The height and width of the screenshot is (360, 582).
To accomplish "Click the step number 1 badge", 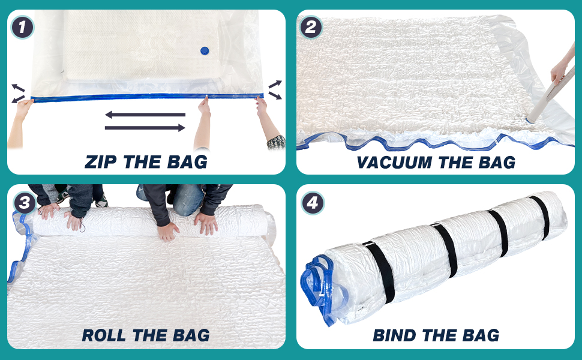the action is [x=22, y=27].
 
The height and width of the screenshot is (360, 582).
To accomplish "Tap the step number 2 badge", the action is [x=311, y=27].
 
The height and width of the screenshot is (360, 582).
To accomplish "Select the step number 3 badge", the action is [x=25, y=203].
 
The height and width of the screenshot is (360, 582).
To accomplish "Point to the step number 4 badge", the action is [x=313, y=203].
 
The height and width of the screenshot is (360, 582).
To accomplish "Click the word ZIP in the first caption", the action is [x=101, y=162].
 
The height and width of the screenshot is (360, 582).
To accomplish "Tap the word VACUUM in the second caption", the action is [x=395, y=162].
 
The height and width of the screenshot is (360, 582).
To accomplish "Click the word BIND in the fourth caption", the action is [x=395, y=335].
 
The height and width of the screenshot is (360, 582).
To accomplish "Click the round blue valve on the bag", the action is [x=205, y=50].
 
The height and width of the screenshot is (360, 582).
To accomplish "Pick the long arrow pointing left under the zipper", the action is [x=145, y=115].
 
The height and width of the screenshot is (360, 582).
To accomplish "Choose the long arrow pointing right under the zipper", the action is [x=145, y=128].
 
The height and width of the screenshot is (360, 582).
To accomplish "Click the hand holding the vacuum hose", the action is [x=559, y=71].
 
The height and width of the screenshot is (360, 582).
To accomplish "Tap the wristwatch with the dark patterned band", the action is [x=276, y=142].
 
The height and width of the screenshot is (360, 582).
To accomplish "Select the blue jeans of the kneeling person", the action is [x=184, y=199].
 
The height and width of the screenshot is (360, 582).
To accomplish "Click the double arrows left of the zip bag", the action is [x=18, y=93].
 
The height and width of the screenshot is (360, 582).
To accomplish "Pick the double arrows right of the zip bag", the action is [x=275, y=90].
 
